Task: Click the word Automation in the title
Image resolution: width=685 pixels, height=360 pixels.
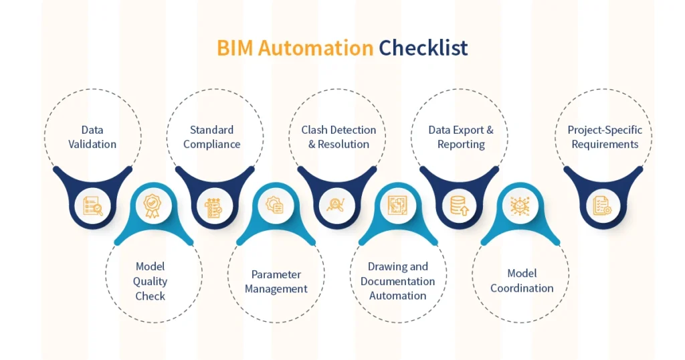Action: pos(315,48)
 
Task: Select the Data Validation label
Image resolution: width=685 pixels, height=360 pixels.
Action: pos(92,137)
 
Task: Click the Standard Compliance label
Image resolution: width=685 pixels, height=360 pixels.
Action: pos(211,137)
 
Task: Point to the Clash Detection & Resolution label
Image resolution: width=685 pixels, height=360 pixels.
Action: pos(338,137)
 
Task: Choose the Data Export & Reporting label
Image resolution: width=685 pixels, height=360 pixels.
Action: pos(461,137)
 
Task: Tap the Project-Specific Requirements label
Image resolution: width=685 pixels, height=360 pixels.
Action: pos(605,137)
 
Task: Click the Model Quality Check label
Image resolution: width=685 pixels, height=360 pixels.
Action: pos(151,281)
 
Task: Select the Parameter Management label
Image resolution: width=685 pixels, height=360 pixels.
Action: pos(276,282)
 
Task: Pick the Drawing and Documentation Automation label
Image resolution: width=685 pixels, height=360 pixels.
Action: pos(397,281)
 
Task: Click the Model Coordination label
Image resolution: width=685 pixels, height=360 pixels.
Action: pos(522,281)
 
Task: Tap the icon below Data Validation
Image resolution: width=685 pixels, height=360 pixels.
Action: pos(92,205)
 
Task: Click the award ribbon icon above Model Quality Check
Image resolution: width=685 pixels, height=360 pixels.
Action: pos(153,204)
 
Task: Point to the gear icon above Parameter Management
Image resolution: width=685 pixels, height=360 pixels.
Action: pos(275,205)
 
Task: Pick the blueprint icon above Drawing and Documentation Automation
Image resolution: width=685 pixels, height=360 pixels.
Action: pos(397,205)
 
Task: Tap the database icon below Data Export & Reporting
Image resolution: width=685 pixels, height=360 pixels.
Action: pos(459,206)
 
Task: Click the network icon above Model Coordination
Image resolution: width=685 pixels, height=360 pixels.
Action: pos(520,205)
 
